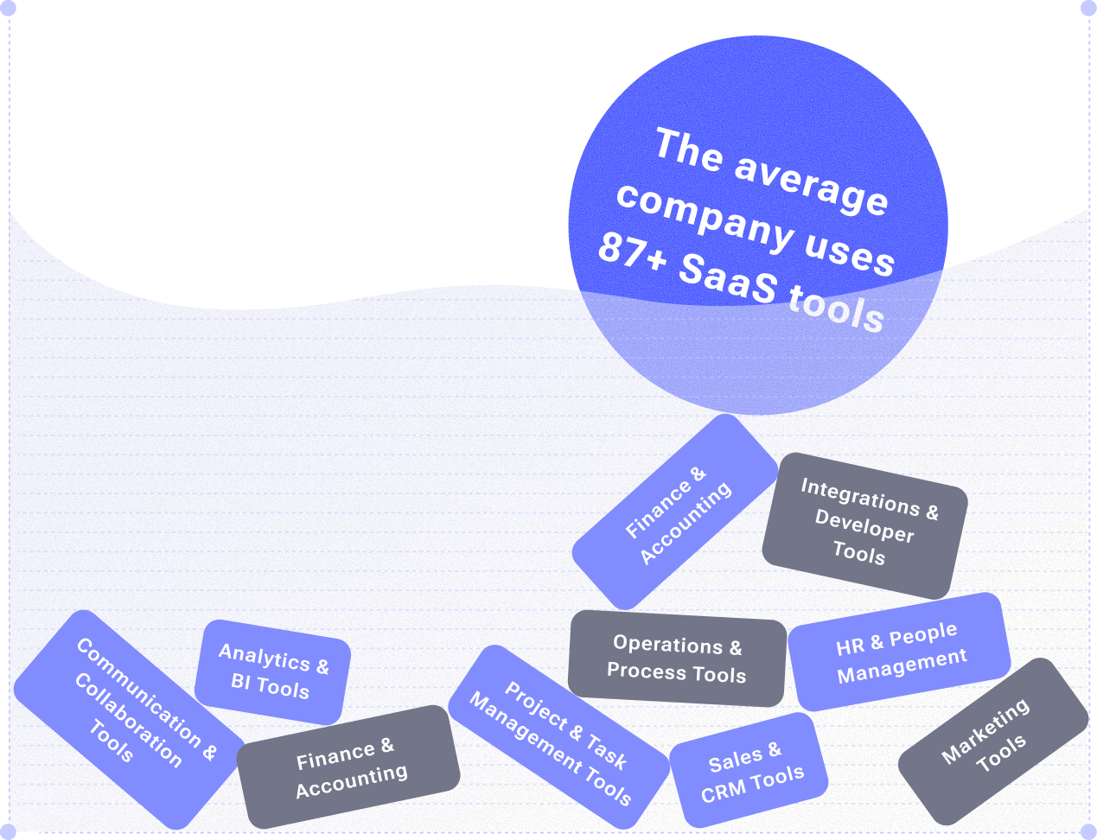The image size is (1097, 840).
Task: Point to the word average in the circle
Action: pyautogui.click(x=811, y=182)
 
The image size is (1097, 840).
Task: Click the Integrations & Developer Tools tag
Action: pyautogui.click(x=864, y=525)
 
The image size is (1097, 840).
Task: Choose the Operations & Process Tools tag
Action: pyautogui.click(x=677, y=659)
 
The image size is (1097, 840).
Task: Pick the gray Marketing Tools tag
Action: pyautogui.click(x=992, y=741)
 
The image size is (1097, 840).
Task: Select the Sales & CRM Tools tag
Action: pyautogui.click(x=749, y=770)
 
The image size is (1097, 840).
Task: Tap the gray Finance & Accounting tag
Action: pyautogui.click(x=348, y=767)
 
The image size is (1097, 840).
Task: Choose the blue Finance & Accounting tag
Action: pyautogui.click(x=675, y=512)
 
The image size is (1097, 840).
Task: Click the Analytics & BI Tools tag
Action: pyautogui.click(x=272, y=672)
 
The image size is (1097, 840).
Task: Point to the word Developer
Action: pyautogui.click(x=864, y=525)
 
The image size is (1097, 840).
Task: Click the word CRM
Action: pyautogui.click(x=724, y=792)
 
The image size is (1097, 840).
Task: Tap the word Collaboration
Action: pyautogui.click(x=128, y=721)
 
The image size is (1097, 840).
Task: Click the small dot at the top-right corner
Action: pyautogui.click(x=1087, y=8)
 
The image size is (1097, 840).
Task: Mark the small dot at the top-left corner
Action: pyautogui.click(x=9, y=8)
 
